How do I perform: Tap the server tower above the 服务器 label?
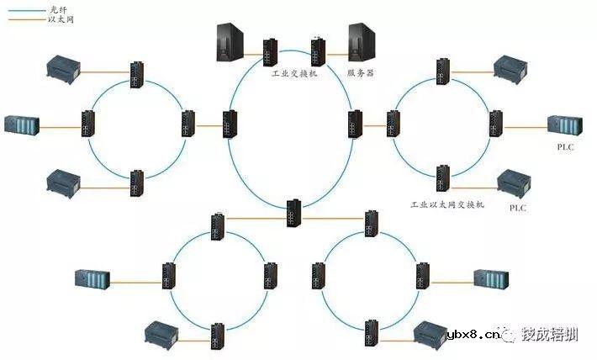tap(360, 42)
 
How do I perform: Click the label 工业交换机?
tap(293, 74)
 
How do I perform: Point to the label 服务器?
tap(360, 74)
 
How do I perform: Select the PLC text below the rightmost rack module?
tap(565, 146)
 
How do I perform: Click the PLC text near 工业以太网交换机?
tap(518, 208)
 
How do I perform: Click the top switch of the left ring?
tap(136, 73)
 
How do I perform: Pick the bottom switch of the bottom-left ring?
tap(218, 335)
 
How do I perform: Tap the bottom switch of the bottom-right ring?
tap(371, 334)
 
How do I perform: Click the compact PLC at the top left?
tap(62, 66)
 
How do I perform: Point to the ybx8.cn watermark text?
tap(475, 336)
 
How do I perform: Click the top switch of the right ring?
tap(442, 71)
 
